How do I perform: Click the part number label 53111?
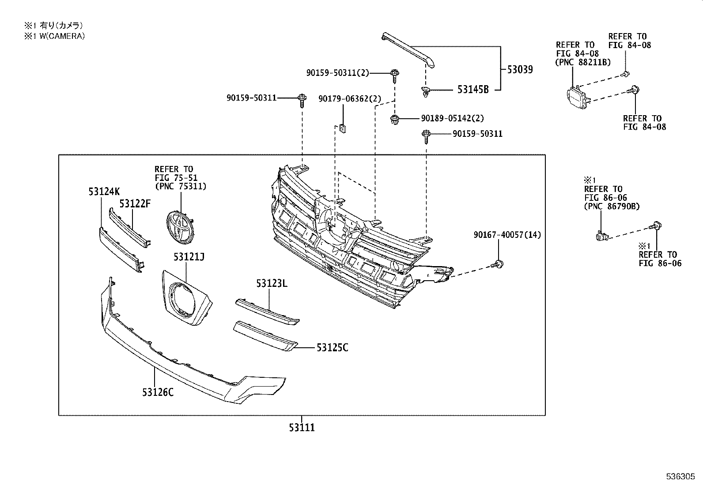click(x=302, y=427)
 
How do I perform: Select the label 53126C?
click(x=158, y=391)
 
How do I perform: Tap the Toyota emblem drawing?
click(x=179, y=226)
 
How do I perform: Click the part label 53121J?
click(x=189, y=257)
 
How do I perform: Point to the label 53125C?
click(x=332, y=348)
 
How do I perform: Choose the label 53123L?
click(x=272, y=283)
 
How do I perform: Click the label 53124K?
click(x=104, y=192)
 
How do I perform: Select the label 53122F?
click(x=135, y=203)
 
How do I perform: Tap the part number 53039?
click(x=520, y=69)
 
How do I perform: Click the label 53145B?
click(x=473, y=90)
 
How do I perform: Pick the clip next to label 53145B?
click(x=425, y=92)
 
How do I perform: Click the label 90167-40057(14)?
click(x=507, y=235)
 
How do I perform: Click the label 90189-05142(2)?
click(x=452, y=118)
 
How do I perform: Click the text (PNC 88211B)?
click(x=583, y=62)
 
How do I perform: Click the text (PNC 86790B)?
click(x=612, y=206)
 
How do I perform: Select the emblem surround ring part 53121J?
click(x=184, y=299)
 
